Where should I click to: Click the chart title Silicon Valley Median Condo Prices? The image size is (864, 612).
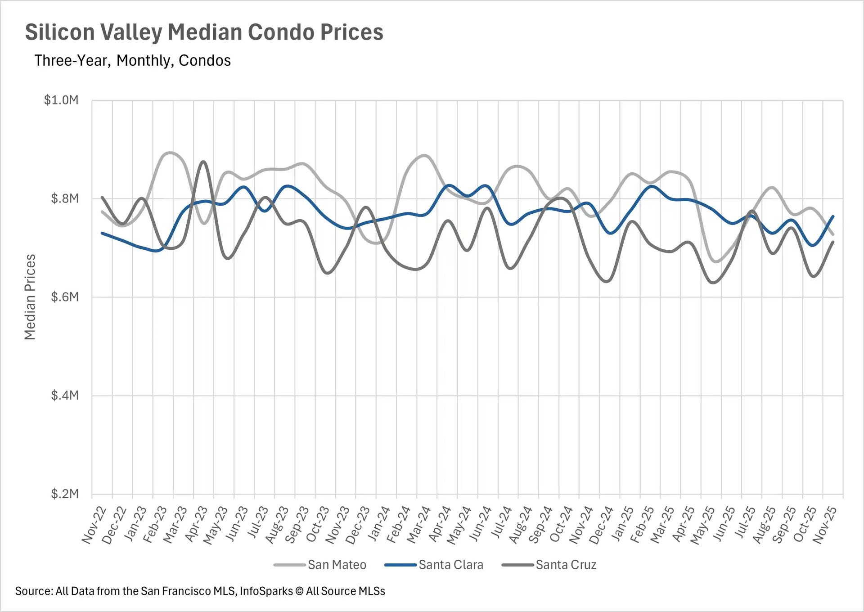click(204, 32)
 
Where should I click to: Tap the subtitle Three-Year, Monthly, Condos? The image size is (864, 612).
click(132, 60)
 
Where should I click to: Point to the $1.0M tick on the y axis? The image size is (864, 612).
click(61, 100)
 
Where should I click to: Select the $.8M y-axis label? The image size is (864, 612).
click(64, 198)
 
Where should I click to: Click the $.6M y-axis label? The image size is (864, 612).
click(64, 297)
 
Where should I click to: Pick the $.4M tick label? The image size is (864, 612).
click(64, 396)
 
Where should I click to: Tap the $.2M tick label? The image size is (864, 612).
click(64, 494)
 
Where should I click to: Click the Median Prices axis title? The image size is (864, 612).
click(30, 297)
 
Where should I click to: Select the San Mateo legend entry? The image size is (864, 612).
click(337, 565)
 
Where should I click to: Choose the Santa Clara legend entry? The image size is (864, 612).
click(450, 565)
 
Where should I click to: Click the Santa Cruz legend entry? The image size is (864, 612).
click(566, 565)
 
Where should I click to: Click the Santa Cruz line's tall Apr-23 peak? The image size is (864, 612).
click(203, 161)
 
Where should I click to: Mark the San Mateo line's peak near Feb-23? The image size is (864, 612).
click(170, 153)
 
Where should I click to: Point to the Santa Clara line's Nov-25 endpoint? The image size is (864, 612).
click(833, 216)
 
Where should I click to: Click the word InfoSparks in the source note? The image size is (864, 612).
click(266, 591)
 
